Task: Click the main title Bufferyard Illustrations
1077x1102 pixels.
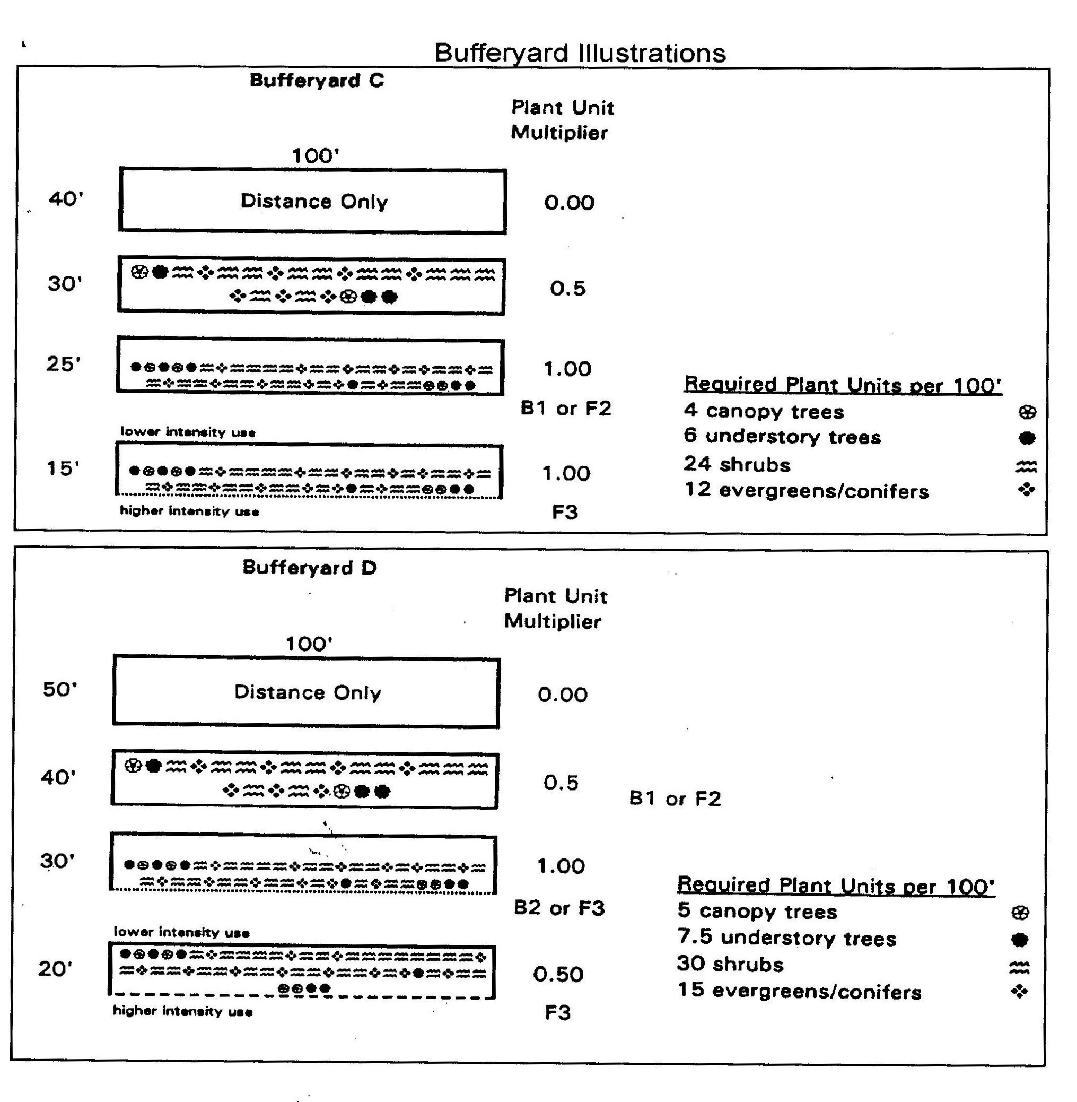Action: [579, 53]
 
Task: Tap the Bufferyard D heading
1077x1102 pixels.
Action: [309, 567]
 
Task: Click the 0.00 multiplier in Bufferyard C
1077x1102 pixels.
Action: [569, 203]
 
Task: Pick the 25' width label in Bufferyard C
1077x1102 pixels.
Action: [63, 364]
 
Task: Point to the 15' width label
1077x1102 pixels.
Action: [63, 468]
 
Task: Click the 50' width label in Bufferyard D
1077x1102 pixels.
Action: [59, 689]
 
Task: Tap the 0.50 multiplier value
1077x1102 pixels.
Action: [558, 974]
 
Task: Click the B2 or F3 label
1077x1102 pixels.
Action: [559, 908]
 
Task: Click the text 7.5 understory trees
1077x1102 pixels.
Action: [786, 938]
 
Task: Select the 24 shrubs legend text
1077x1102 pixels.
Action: [737, 464]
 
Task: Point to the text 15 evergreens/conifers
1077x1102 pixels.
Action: [799, 991]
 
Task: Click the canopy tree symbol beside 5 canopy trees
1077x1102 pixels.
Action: [1019, 913]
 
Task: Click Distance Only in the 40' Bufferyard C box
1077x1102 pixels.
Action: [314, 202]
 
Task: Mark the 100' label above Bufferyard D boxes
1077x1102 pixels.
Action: [309, 644]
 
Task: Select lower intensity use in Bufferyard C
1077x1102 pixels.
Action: [188, 432]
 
